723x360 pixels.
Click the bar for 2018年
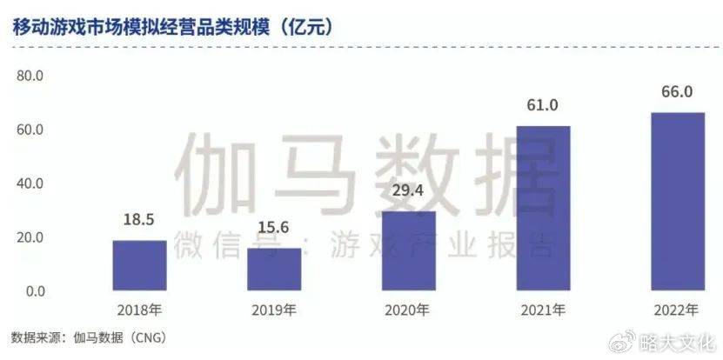[139, 265]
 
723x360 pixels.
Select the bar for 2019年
[274, 270]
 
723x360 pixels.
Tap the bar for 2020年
[409, 250]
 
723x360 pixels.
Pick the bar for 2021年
[544, 209]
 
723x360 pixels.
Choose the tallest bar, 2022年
[678, 202]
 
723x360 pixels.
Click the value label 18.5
[139, 224]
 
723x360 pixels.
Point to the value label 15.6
[274, 232]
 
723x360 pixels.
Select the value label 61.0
[544, 106]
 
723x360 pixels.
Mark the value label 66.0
[678, 92]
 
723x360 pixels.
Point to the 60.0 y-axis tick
[30, 130]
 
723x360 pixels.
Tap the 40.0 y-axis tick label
[30, 183]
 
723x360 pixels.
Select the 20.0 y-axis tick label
[30, 237]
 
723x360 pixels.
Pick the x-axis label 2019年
[274, 310]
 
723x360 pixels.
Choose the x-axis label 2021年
[544, 310]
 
